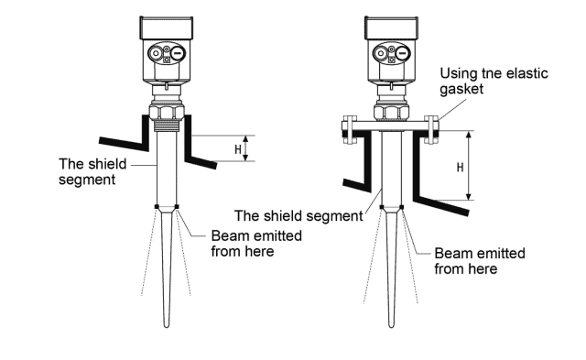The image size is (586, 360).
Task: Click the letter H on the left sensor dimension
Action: pyautogui.click(x=238, y=149)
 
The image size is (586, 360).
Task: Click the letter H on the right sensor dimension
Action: pyautogui.click(x=460, y=168)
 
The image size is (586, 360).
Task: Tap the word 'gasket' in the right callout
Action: pyautogui.click(x=461, y=90)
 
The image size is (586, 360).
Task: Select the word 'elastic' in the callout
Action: pyautogui.click(x=526, y=73)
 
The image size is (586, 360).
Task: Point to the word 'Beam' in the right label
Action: pyautogui.click(x=450, y=254)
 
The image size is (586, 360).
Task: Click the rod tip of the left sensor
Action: pyautogui.click(x=167, y=326)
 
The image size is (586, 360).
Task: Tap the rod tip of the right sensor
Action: pyautogui.click(x=391, y=326)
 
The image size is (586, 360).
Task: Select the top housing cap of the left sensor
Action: pyautogui.click(x=167, y=27)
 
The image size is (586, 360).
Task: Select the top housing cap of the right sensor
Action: pyautogui.click(x=391, y=27)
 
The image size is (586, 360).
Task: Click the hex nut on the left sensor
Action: pyautogui.click(x=167, y=112)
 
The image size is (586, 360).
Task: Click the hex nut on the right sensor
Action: pyautogui.click(x=391, y=112)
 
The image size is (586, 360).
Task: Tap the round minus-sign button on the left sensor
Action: pyautogui.click(x=179, y=53)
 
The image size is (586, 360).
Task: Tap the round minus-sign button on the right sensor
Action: pyautogui.click(x=403, y=53)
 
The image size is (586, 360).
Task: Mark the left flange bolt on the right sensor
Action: pyautogui.click(x=350, y=130)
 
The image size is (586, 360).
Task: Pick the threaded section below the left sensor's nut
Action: pyautogui.click(x=167, y=125)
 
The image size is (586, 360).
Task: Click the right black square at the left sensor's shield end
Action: pyautogui.click(x=177, y=206)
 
